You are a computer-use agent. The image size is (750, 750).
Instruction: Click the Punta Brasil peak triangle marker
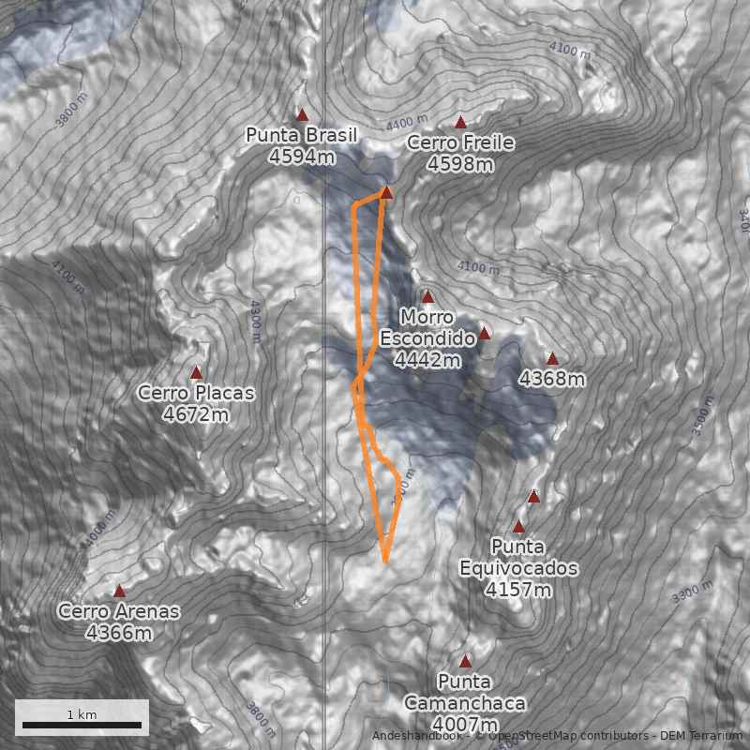pos(302,115)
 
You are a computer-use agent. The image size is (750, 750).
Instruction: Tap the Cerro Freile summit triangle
pos(460,123)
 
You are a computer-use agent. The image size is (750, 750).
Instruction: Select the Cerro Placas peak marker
pos(196,372)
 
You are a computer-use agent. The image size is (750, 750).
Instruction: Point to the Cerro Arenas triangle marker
pos(119,591)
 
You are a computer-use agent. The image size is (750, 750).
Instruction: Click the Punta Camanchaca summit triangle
pos(465,661)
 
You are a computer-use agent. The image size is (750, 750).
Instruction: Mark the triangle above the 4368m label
pos(552,358)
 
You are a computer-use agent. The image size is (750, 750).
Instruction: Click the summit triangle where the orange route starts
pos(386,192)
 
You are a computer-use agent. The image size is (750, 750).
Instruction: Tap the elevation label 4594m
pos(301,157)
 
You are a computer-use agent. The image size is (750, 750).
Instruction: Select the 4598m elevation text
pos(460,164)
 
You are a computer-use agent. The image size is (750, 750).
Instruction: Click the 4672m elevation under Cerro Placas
pos(195,413)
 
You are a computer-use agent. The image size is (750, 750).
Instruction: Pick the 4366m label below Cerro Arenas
pos(118,633)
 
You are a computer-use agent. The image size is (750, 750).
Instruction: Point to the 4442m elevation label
pos(427,359)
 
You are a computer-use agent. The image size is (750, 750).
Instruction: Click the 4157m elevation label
pos(517,590)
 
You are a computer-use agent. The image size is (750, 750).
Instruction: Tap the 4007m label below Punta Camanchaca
pos(465,725)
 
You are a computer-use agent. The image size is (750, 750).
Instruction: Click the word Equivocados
pos(518,568)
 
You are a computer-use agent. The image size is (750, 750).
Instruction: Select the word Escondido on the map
pos(427,337)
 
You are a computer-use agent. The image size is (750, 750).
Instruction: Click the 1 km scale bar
pos(82,725)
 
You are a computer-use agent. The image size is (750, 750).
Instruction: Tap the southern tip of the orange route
pos(385,562)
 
